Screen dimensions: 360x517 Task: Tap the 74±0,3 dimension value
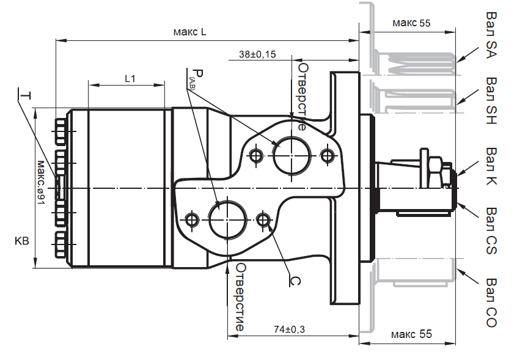(289, 329)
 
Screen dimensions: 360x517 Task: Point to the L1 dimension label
(130, 78)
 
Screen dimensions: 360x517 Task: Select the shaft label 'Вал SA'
(492, 31)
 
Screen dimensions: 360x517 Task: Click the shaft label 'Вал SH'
(492, 100)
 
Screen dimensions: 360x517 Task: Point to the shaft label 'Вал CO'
(492, 303)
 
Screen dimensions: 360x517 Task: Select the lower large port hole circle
(227, 218)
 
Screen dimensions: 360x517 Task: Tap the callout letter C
(293, 281)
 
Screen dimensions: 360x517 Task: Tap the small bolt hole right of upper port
(328, 155)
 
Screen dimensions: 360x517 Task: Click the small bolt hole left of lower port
(192, 219)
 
